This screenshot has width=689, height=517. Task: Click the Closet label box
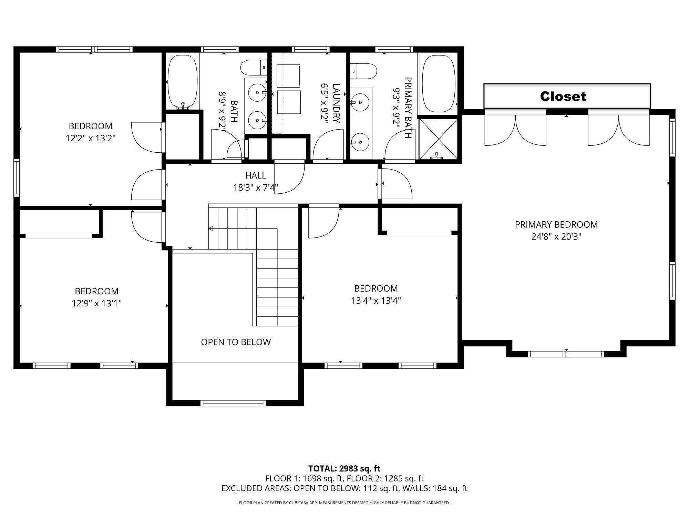[x=567, y=96]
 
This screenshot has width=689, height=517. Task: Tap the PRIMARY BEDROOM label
[x=556, y=225]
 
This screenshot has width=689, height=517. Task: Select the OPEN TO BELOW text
[x=236, y=342]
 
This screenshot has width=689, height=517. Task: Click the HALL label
[x=256, y=175]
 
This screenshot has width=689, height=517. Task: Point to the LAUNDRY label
[x=336, y=103]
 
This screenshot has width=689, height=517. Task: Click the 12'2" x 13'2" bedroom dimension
[x=91, y=138]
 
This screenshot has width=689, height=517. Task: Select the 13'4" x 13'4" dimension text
[x=376, y=301]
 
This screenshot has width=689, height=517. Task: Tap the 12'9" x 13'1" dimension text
[x=97, y=303]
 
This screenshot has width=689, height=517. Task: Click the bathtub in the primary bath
[x=439, y=84]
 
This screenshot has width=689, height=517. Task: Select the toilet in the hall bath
[x=254, y=68]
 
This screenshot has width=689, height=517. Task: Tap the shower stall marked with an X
[x=438, y=139]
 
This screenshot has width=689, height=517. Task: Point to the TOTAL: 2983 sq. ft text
[x=344, y=468]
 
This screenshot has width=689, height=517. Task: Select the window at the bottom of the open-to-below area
[x=233, y=403]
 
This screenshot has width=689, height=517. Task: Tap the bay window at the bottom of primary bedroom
[x=566, y=354]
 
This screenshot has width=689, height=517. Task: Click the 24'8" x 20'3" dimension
[x=556, y=237]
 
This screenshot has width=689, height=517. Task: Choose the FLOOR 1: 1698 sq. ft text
[x=305, y=478]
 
